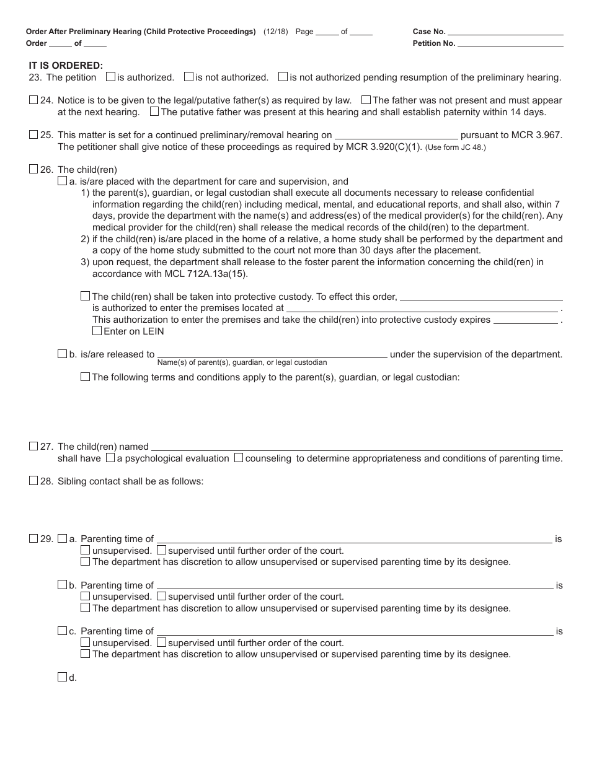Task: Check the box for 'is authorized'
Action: [110, 77]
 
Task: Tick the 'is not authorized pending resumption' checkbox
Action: [283, 77]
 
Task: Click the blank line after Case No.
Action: [505, 31]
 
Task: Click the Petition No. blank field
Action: [510, 43]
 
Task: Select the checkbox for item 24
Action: [33, 100]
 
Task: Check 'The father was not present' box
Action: [366, 100]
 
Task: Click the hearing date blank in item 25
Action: [396, 134]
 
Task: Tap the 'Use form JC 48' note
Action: [456, 147]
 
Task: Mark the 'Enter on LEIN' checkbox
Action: [97, 331]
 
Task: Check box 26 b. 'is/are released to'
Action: [62, 354]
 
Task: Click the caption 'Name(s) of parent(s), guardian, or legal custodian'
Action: [242, 362]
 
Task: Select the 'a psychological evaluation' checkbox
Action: [110, 458]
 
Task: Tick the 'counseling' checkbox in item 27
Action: [239, 458]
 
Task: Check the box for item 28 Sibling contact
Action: [33, 481]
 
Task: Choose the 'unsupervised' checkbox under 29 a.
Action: [86, 550]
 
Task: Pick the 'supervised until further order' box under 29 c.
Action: [161, 642]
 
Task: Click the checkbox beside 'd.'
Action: [62, 677]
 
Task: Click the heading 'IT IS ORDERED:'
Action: [66, 65]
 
